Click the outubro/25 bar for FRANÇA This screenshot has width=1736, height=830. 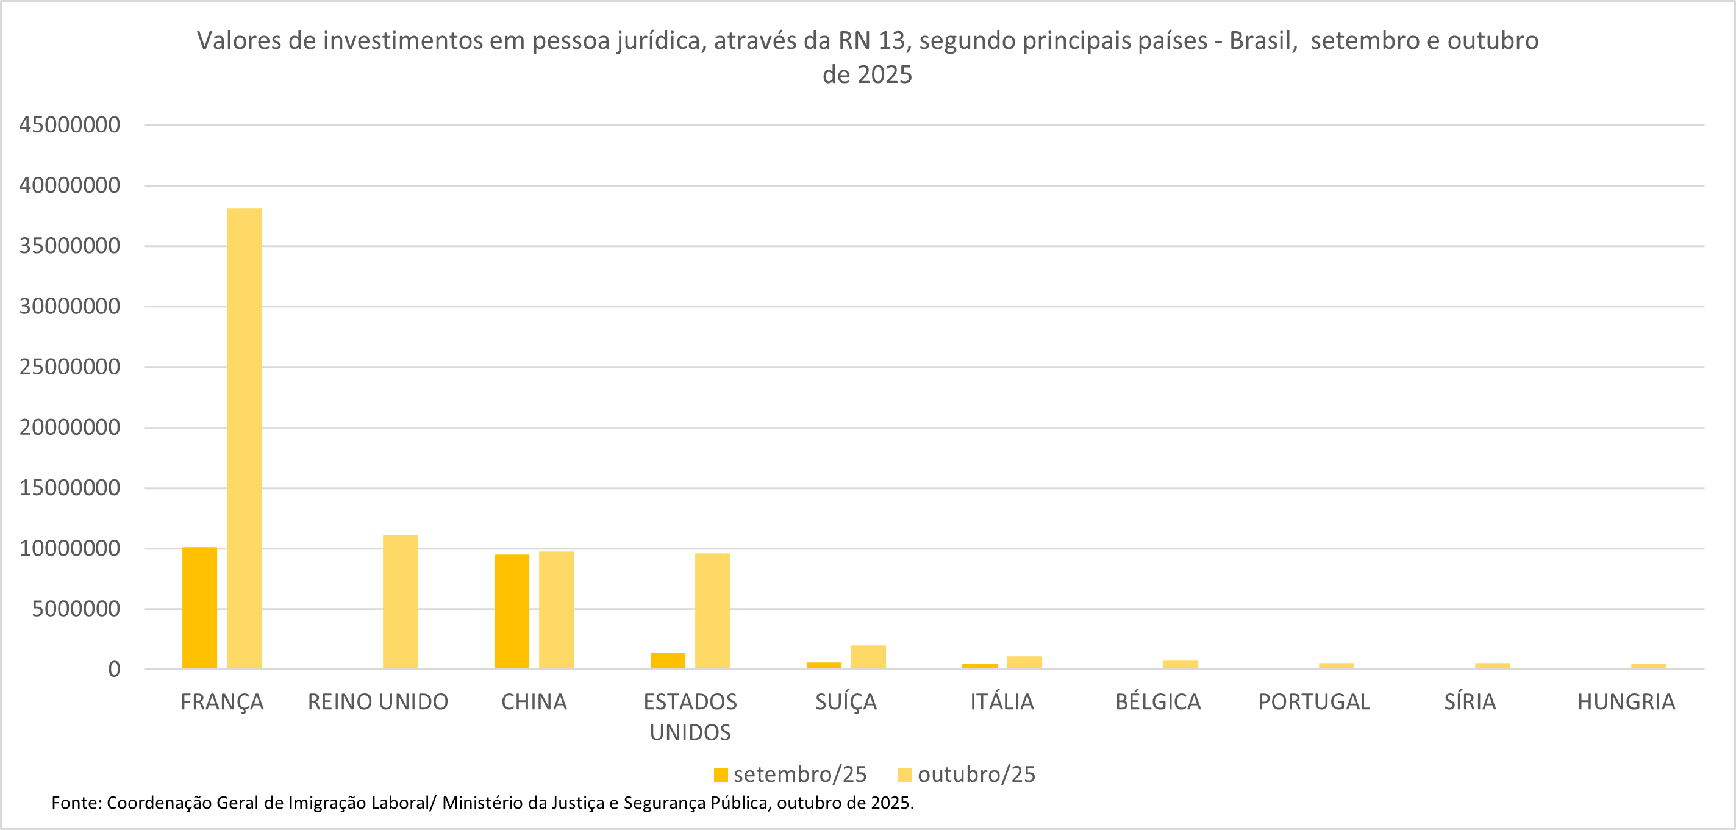(x=244, y=438)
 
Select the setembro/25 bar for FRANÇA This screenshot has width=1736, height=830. (x=199, y=608)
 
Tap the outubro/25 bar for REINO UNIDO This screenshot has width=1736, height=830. (x=400, y=602)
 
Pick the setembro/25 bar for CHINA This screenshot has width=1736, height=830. (x=512, y=612)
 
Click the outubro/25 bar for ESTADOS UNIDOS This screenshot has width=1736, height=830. (x=712, y=611)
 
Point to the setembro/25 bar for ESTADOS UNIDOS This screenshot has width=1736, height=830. (x=668, y=660)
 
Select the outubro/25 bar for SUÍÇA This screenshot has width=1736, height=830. (x=868, y=657)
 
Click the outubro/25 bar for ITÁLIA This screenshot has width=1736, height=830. (x=1024, y=663)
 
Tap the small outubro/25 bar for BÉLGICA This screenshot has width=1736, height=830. (x=1180, y=665)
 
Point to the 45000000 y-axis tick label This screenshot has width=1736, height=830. (x=70, y=125)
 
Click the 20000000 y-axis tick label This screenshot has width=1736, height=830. (x=70, y=428)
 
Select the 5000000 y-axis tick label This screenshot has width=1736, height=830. (x=76, y=609)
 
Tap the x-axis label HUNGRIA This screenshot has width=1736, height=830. (x=1626, y=702)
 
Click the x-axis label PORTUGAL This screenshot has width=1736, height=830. (x=1314, y=702)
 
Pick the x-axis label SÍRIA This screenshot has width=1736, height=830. (x=1470, y=702)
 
